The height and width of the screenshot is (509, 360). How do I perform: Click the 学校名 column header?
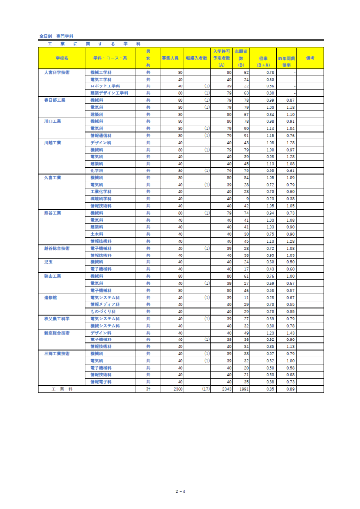click(62, 58)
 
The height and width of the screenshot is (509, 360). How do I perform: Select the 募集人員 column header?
click(172, 58)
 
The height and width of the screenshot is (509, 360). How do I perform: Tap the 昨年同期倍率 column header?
click(286, 61)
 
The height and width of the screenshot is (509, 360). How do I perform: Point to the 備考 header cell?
click(310, 58)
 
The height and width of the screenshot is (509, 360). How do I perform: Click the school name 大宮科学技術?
click(57, 72)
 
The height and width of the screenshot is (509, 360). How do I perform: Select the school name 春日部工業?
click(55, 100)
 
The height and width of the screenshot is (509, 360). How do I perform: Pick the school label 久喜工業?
click(53, 177)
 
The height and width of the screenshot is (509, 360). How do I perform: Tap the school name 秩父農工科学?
click(57, 318)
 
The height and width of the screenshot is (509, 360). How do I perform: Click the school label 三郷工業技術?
click(57, 353)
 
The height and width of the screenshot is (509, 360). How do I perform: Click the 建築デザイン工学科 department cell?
click(109, 93)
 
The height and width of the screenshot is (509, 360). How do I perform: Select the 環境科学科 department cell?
click(101, 199)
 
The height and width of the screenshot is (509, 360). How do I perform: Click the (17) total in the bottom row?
click(205, 389)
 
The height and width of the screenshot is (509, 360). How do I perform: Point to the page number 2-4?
click(180, 492)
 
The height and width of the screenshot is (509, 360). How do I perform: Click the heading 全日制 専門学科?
click(56, 36)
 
